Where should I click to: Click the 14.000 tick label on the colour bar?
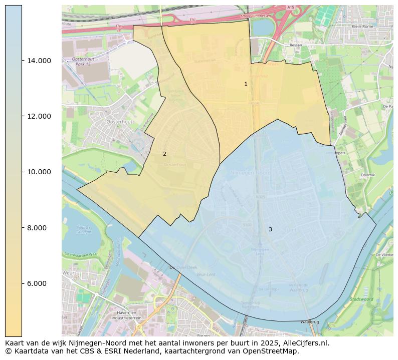pos(39,61)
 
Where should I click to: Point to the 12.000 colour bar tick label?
pos(39,116)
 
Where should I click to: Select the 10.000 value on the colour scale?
pos(39,172)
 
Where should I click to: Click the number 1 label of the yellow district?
pos(246,84)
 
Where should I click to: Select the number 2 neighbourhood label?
pos(164,154)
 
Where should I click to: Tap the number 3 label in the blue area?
pos(270,229)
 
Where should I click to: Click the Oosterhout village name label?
pos(119,122)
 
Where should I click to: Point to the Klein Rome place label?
pos(363,26)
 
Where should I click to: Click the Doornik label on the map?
pos(367,175)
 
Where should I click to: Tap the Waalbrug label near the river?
pos(309,321)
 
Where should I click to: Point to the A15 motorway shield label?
pos(291,8)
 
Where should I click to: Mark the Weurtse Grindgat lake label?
pos(83,229)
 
